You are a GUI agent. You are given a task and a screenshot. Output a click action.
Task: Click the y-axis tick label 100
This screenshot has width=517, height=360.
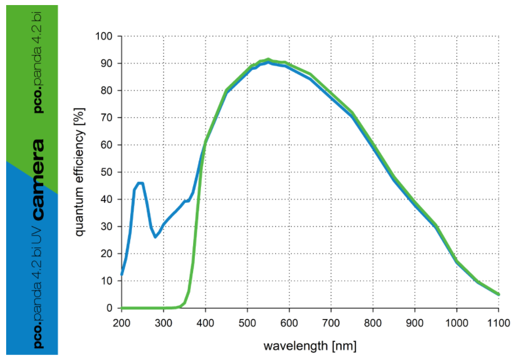tap(105, 37)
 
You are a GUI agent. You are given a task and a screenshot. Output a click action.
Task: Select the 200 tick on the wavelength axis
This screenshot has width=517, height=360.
tap(121, 322)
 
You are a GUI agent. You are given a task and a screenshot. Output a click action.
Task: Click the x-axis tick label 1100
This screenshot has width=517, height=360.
tap(498, 322)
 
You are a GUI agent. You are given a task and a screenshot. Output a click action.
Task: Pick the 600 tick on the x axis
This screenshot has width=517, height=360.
tap(289, 322)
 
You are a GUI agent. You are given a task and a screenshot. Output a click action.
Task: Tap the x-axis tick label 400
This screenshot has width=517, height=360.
tap(205, 322)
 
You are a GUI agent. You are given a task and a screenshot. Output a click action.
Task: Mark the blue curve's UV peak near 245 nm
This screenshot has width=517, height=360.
tap(140, 183)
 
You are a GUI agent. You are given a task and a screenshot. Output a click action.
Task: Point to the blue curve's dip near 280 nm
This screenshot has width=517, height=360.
tap(155, 236)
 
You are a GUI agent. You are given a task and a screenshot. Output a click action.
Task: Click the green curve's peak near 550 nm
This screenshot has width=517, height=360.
tap(268, 59)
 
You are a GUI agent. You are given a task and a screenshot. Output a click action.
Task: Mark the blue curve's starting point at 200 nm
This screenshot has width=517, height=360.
tap(122, 274)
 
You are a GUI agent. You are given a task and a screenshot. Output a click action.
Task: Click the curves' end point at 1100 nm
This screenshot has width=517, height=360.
tap(498, 294)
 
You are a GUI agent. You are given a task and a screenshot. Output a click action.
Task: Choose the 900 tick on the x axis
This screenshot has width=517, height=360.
tap(415, 322)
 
